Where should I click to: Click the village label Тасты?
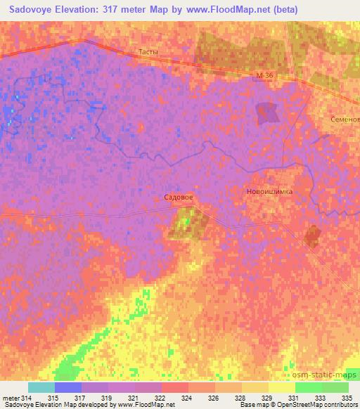(148, 53)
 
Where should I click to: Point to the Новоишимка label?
(269, 191)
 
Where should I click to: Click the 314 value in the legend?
(27, 398)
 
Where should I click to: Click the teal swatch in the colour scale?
(41, 387)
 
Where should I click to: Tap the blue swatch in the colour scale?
(68, 387)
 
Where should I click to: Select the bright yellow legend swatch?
(282, 387)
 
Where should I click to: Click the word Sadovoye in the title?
(34, 10)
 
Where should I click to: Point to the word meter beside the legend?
(11, 398)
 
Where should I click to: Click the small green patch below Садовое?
(186, 223)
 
